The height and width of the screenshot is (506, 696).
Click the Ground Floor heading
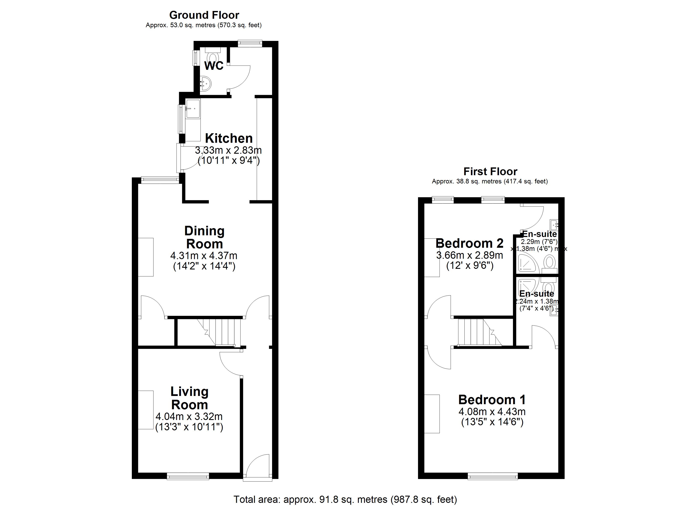(204, 15)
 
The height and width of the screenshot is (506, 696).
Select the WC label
(214, 66)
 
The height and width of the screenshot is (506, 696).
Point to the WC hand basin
(206, 83)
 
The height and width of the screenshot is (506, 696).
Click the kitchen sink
(193, 109)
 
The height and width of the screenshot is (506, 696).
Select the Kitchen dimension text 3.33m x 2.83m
(228, 150)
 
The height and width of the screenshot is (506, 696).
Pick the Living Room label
(189, 398)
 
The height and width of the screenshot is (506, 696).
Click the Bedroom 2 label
(469, 243)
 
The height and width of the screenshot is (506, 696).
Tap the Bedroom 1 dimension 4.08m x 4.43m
(492, 412)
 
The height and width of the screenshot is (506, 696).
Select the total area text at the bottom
(345, 499)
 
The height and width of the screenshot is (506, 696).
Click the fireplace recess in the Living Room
(146, 410)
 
